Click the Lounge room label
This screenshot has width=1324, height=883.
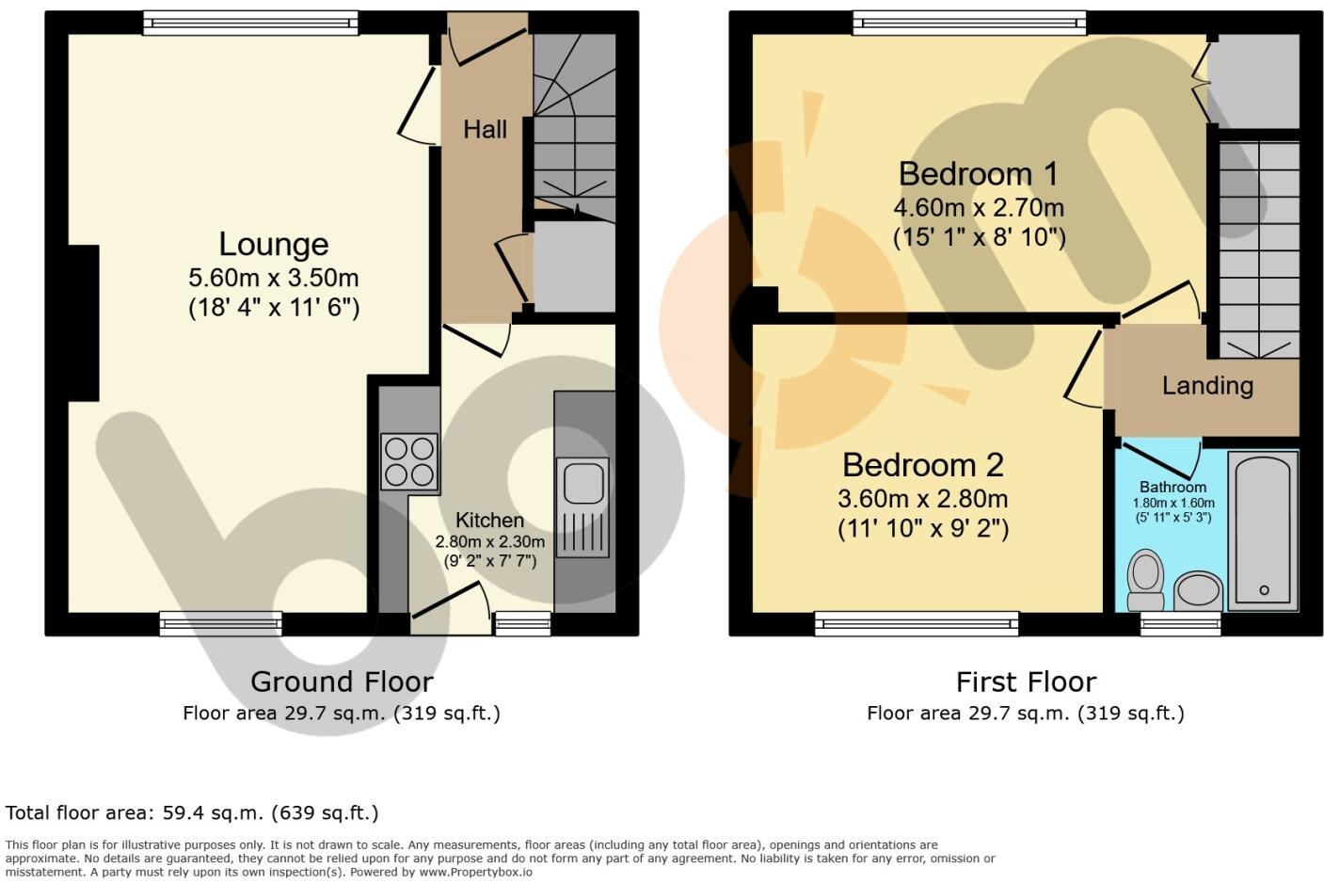click(273, 244)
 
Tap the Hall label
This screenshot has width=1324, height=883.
click(485, 130)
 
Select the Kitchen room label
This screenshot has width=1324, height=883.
click(489, 521)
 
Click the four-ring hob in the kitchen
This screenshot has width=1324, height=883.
click(409, 461)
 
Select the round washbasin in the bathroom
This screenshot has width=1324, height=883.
click(1197, 591)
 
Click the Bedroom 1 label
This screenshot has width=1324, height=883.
click(978, 174)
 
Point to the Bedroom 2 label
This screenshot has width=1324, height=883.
click(922, 465)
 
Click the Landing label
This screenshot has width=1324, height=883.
click(1207, 385)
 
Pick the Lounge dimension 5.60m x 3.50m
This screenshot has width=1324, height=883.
click(273, 279)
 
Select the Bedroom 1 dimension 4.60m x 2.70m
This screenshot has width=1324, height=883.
click(979, 207)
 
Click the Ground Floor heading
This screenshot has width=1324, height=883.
click(342, 682)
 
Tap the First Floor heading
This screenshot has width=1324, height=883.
click(1026, 682)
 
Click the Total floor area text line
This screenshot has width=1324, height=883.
click(192, 812)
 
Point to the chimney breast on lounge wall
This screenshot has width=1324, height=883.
click(84, 323)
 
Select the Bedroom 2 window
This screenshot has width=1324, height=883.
click(917, 622)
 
